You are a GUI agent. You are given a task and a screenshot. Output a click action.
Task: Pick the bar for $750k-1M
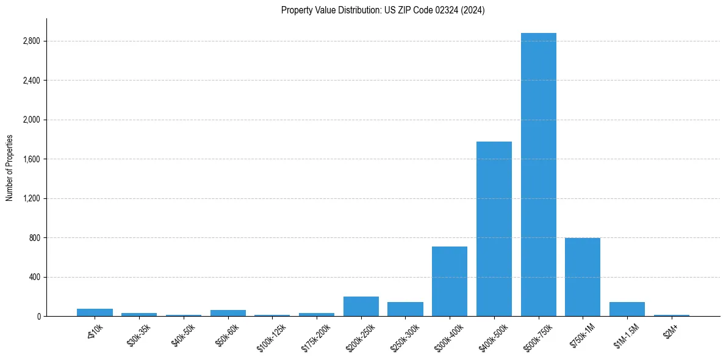click(583, 277)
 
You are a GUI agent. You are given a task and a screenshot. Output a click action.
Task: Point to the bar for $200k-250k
click(361, 306)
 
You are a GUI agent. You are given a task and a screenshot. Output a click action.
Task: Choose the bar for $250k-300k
click(405, 309)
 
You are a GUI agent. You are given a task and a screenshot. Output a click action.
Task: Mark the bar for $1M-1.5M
click(627, 309)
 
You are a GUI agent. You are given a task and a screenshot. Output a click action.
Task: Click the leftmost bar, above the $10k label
click(95, 312)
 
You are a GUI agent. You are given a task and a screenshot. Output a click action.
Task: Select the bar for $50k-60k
click(228, 313)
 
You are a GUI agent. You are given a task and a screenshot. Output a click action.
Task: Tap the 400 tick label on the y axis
click(34, 277)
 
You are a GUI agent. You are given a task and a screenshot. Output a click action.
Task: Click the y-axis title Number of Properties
click(10, 168)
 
